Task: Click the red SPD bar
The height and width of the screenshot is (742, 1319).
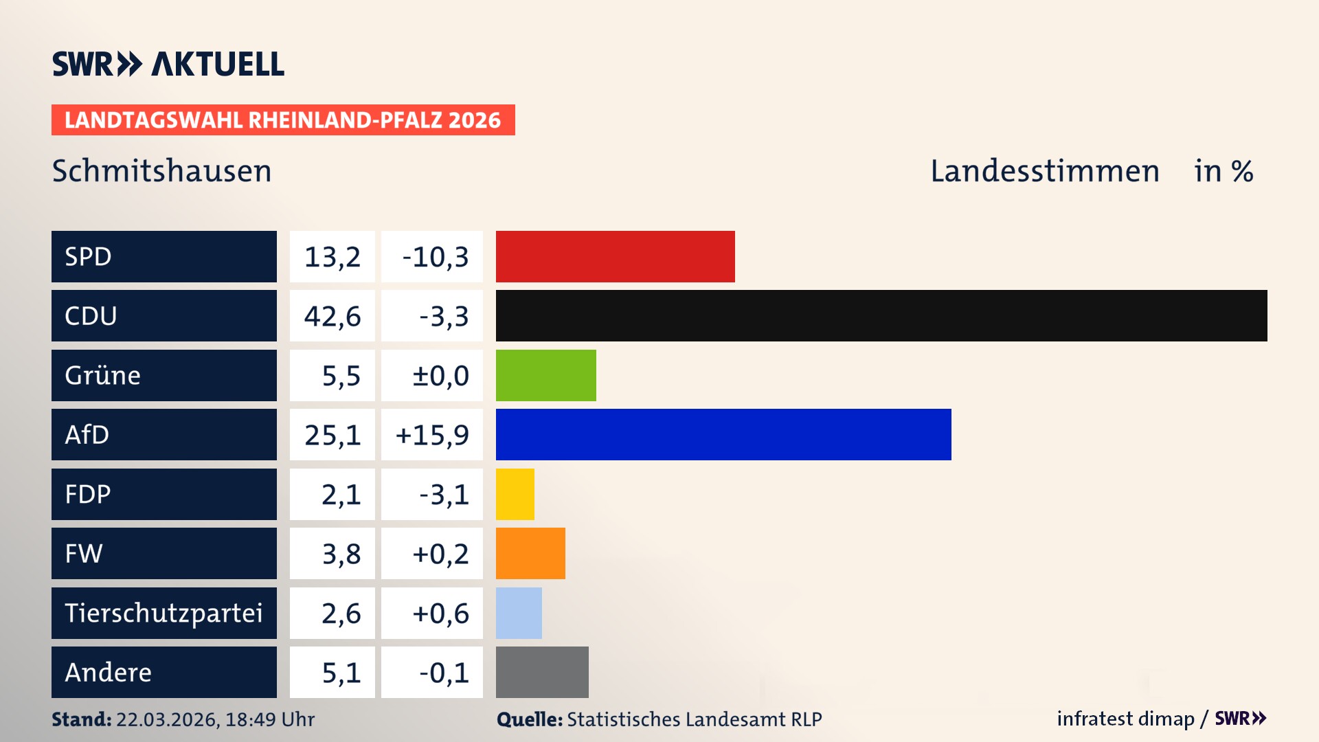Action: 615,256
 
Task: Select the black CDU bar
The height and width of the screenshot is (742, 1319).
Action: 881,315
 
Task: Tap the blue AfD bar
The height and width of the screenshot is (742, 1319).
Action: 723,434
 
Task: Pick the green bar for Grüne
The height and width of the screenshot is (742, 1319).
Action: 545,375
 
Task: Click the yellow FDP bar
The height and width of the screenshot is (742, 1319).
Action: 515,494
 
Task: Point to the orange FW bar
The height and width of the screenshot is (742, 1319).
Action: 530,553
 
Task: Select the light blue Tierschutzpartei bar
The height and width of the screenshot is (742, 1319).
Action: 519,613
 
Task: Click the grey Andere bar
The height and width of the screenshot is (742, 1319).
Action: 542,672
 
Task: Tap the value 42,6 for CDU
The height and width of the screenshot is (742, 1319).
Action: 332,316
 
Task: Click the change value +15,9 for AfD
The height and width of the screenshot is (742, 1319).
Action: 432,435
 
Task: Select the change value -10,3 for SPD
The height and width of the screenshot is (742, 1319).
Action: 435,257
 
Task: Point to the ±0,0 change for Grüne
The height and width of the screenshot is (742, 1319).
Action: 440,376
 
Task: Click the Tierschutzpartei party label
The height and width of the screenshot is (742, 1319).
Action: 164,613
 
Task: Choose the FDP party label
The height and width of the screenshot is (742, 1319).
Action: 88,494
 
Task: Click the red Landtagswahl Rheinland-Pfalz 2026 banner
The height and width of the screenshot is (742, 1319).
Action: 283,120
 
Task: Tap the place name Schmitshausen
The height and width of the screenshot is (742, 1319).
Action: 162,171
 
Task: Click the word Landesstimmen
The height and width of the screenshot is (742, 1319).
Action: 1044,171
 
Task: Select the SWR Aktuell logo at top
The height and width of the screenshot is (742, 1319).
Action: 168,64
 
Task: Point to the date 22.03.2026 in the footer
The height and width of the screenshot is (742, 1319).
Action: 167,719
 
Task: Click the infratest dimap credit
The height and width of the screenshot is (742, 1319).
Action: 1125,719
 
